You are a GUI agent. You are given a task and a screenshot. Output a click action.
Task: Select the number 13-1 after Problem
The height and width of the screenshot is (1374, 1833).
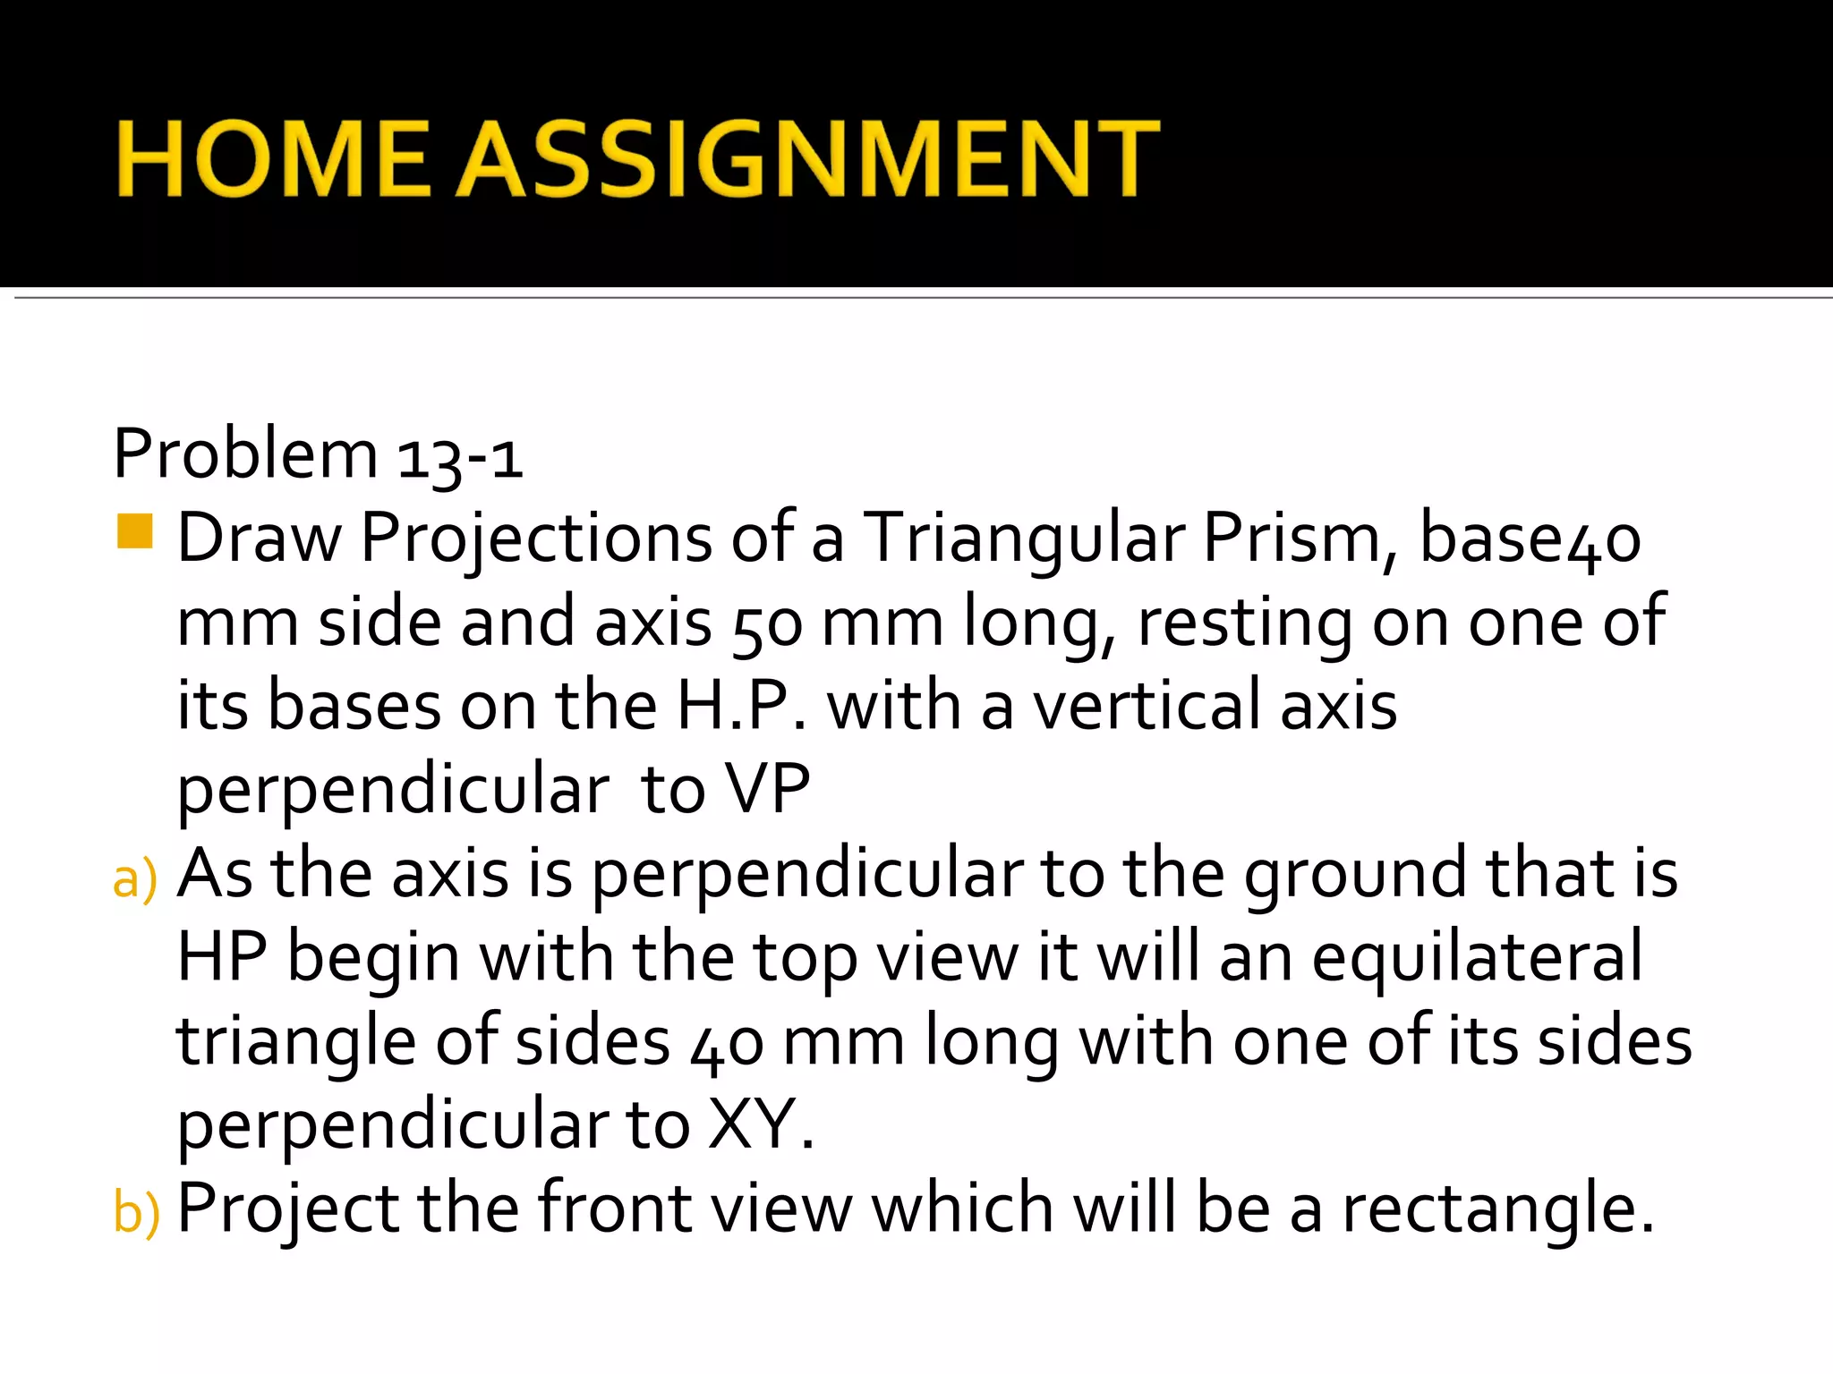459,457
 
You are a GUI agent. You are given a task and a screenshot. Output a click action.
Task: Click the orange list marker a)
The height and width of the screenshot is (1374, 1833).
135,878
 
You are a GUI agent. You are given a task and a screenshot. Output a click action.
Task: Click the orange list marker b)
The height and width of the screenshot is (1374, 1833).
136,1212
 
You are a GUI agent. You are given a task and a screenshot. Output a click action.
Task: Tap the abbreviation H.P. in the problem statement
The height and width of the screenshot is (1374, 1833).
741,707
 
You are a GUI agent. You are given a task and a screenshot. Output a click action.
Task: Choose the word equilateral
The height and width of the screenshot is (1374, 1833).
1477,957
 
